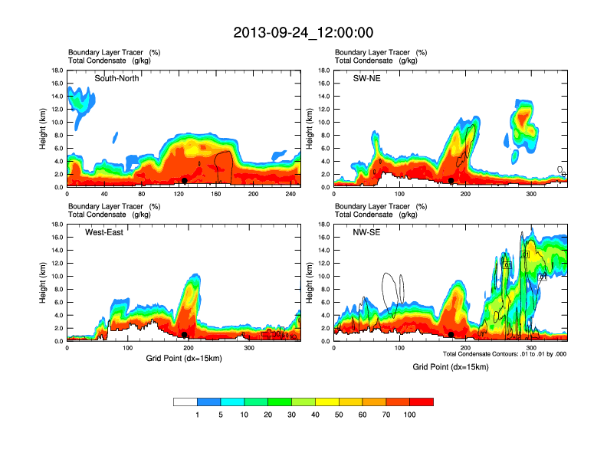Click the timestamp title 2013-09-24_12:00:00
pyautogui.click(x=303, y=33)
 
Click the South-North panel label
pyautogui.click(x=116, y=78)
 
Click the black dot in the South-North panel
pyautogui.click(x=185, y=181)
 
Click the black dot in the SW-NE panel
pyautogui.click(x=451, y=181)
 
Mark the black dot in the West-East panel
pyautogui.click(x=185, y=335)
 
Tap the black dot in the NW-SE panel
pyautogui.click(x=451, y=335)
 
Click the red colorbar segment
pyautogui.click(x=422, y=402)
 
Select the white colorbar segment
pyautogui.click(x=185, y=402)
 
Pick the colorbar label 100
pyautogui.click(x=410, y=415)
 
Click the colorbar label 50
pyautogui.click(x=339, y=415)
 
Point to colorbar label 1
pyautogui.click(x=198, y=415)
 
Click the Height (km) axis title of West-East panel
pyautogui.click(x=44, y=283)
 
